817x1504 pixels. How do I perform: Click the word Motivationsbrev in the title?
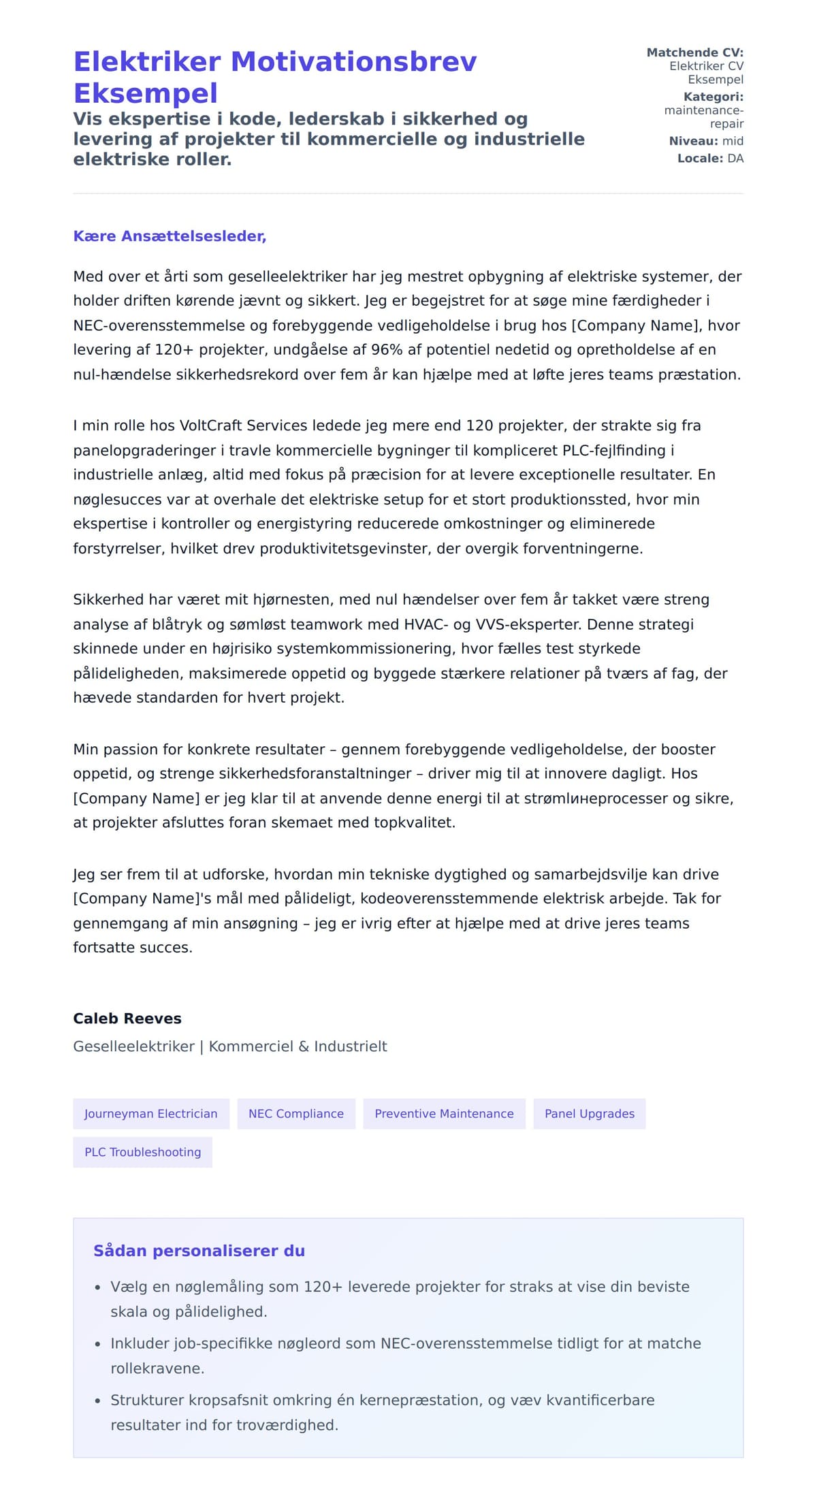(x=353, y=62)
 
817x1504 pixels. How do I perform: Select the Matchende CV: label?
(x=694, y=52)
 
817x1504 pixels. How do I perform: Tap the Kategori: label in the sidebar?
(x=713, y=97)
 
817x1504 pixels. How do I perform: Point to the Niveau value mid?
(x=733, y=141)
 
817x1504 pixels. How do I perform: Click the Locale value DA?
(x=735, y=159)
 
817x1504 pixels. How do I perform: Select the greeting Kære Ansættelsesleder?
(x=170, y=236)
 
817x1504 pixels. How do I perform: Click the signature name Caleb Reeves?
(x=127, y=1019)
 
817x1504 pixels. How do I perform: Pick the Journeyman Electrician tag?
(x=151, y=1114)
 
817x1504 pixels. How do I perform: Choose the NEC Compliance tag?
(x=296, y=1114)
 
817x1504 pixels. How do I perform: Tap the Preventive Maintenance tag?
(x=444, y=1114)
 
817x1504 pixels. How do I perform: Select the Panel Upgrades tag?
(x=590, y=1114)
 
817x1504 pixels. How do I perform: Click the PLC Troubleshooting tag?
(x=143, y=1152)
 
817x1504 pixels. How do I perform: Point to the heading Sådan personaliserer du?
(x=199, y=1251)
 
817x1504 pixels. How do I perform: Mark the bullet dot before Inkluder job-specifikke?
(x=97, y=1345)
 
